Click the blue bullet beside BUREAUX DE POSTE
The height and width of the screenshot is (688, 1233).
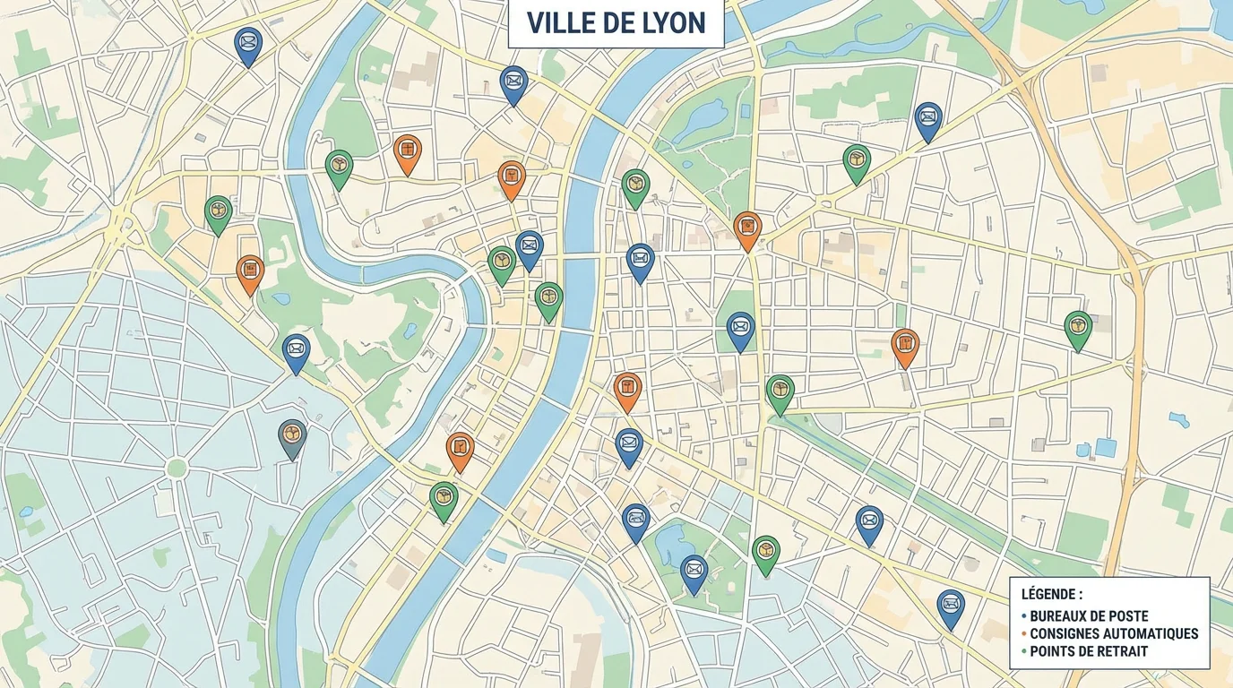(1024, 616)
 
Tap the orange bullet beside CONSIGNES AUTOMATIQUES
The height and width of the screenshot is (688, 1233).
(1024, 633)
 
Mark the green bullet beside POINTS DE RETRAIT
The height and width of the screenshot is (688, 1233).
(1024, 651)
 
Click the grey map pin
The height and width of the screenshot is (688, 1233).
(292, 436)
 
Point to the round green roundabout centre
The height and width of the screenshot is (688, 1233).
(177, 468)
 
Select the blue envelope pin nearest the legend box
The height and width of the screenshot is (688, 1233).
(951, 606)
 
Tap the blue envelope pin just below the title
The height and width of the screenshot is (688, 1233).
(513, 82)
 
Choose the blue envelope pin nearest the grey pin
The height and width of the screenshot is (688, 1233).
(296, 350)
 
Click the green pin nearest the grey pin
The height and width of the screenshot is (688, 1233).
(444, 498)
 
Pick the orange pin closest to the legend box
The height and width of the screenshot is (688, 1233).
(905, 345)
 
